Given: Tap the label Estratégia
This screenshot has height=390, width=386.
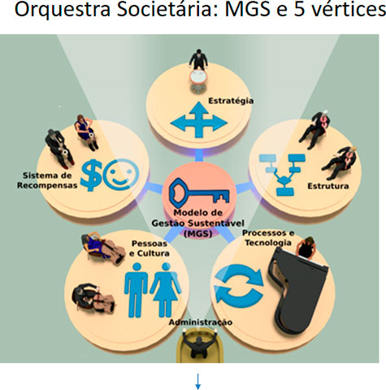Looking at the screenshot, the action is (x=231, y=101).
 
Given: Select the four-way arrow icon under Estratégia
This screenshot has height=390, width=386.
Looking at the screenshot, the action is (x=199, y=119).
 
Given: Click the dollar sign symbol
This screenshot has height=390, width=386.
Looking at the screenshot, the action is (x=91, y=175).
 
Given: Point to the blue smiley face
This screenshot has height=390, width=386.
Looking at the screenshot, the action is (x=121, y=174).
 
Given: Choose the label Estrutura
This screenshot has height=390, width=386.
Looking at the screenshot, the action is (x=328, y=186).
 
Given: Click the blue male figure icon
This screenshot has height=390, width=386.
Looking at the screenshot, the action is (x=137, y=290).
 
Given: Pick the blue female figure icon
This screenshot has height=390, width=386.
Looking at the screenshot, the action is (x=166, y=290).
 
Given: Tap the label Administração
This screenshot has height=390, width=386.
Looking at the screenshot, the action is (x=201, y=323).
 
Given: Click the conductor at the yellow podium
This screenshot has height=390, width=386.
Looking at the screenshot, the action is (x=199, y=344).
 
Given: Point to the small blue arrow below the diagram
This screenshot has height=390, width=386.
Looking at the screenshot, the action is (x=197, y=381).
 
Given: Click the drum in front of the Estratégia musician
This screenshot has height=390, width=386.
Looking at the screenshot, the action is (x=198, y=77).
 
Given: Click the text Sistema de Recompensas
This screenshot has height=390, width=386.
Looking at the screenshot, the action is (x=47, y=180).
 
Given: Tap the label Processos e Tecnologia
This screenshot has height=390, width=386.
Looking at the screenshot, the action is (x=268, y=238).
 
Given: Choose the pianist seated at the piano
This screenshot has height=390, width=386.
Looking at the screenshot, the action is (x=306, y=248).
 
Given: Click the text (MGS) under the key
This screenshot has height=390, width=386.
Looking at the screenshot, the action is (x=198, y=233).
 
